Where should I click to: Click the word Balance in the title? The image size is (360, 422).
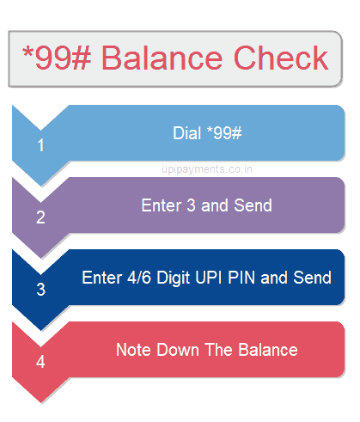[162, 58]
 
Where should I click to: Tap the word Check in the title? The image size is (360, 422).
[281, 58]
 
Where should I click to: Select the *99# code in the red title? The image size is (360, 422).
[57, 58]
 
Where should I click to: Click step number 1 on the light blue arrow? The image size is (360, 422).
[40, 145]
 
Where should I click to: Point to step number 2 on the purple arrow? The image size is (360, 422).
[40, 217]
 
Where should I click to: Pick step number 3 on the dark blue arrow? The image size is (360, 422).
[41, 290]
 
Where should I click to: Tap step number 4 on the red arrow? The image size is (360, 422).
[40, 362]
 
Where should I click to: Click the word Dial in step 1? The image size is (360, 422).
[186, 133]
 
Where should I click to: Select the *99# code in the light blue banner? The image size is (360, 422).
[224, 133]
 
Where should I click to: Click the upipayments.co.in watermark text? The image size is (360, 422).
[207, 169]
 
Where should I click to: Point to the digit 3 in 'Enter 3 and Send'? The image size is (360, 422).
[191, 205]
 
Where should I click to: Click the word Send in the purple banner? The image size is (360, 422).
[253, 205]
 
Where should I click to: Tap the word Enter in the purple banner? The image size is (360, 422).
[162, 205]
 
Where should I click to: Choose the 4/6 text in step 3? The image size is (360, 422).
[139, 278]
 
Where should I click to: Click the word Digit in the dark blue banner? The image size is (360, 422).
[173, 278]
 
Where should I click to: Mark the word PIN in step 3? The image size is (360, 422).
[241, 278]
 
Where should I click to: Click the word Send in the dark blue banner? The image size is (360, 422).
[313, 278]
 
